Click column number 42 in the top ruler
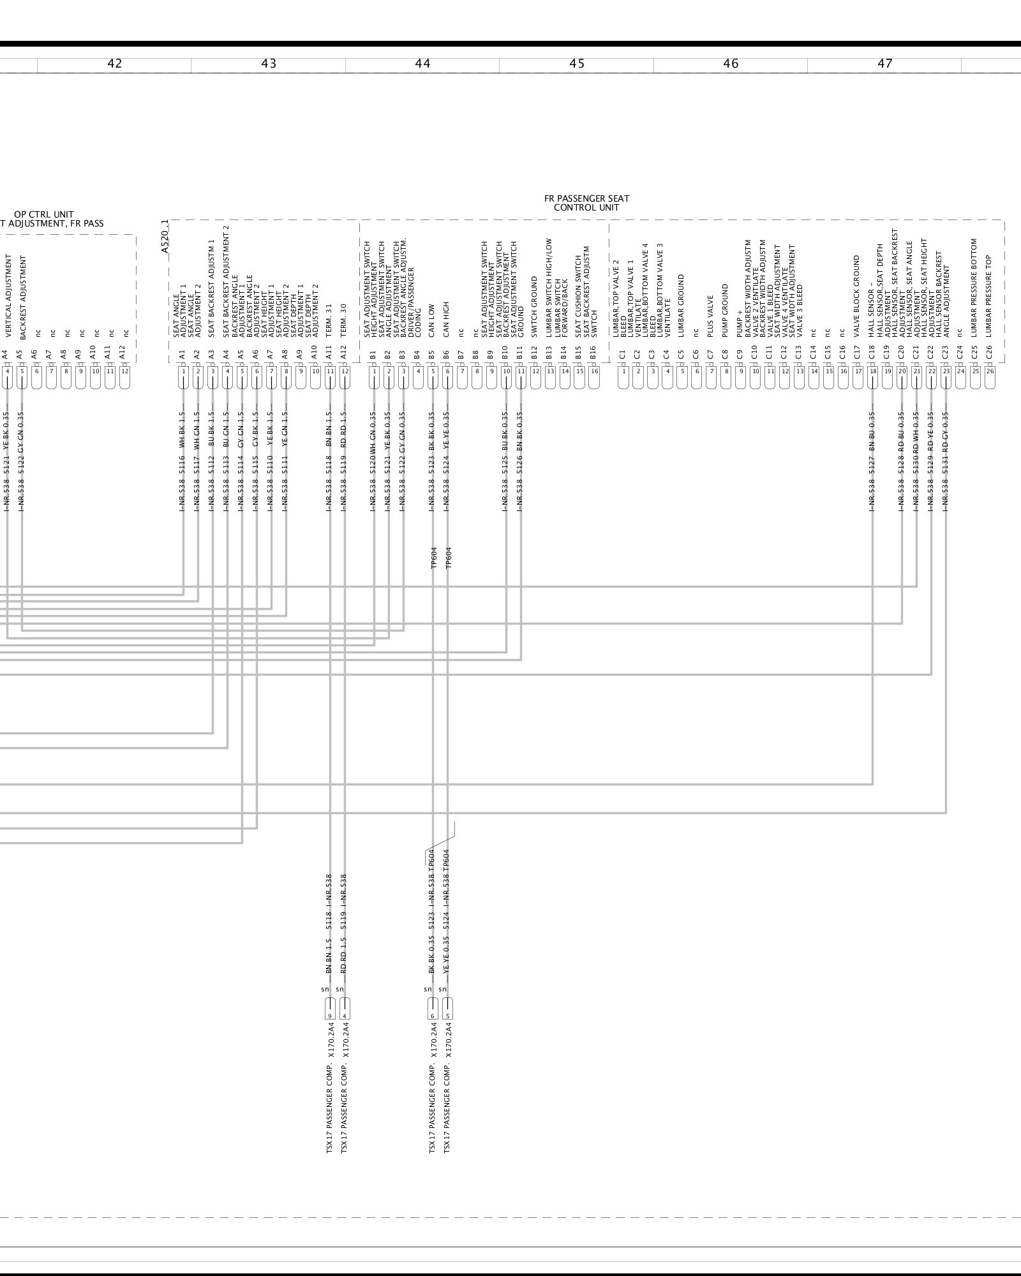[115, 64]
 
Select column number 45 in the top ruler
[577, 64]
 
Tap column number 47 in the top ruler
[885, 64]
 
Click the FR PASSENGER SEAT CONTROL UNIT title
[586, 203]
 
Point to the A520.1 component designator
[165, 237]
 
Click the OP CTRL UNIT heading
[43, 214]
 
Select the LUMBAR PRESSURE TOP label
[989, 296]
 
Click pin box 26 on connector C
[990, 371]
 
